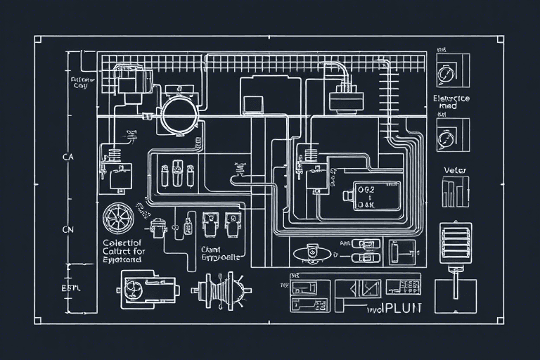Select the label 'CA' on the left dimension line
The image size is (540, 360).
click(68, 157)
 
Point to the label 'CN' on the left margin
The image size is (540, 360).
click(68, 229)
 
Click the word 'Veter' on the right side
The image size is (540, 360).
click(455, 170)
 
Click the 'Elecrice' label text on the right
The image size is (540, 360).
click(451, 98)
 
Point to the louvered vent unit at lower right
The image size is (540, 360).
click(454, 243)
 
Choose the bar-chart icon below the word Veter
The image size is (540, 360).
click(454, 191)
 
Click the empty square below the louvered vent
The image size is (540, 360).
click(455, 295)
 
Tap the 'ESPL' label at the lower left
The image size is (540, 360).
click(72, 288)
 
